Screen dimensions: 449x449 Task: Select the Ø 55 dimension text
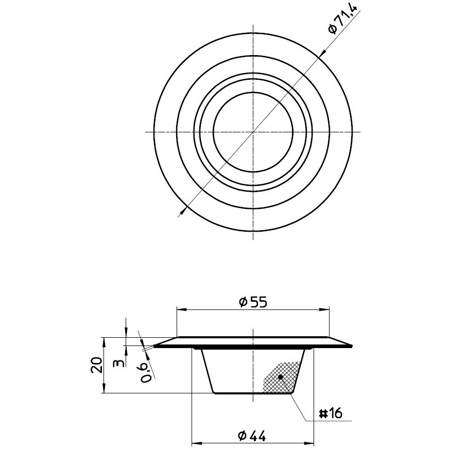point(253,302)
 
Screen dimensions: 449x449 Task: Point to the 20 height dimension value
point(96,365)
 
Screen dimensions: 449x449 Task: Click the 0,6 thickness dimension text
point(146,372)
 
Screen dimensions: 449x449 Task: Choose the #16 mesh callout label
point(331,413)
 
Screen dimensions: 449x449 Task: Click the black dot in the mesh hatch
point(280,377)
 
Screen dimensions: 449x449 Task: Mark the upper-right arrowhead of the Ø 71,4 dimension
point(322,53)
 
